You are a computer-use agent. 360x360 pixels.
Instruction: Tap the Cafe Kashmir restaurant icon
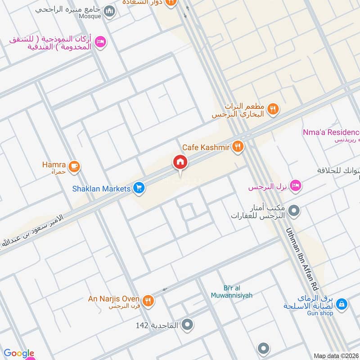[x=238, y=146]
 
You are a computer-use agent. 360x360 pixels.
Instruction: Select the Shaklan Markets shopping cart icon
[x=139, y=189]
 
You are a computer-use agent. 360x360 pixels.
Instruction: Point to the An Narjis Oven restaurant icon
[x=148, y=301]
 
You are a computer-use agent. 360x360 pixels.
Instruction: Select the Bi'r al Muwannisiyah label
[x=232, y=292]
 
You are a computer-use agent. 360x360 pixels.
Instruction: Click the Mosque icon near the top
[x=109, y=11]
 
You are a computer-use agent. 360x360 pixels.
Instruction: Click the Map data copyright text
[x=336, y=356]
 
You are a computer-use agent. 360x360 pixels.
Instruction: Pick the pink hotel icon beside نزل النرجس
[x=295, y=186]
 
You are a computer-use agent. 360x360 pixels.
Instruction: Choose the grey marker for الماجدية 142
[x=188, y=324]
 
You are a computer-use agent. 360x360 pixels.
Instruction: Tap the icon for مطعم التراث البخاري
[x=272, y=109]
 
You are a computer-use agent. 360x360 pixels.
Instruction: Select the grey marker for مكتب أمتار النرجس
[x=294, y=210]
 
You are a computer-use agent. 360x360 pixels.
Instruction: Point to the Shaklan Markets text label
[x=101, y=189]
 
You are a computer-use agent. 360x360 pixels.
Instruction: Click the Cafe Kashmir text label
[x=206, y=147]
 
